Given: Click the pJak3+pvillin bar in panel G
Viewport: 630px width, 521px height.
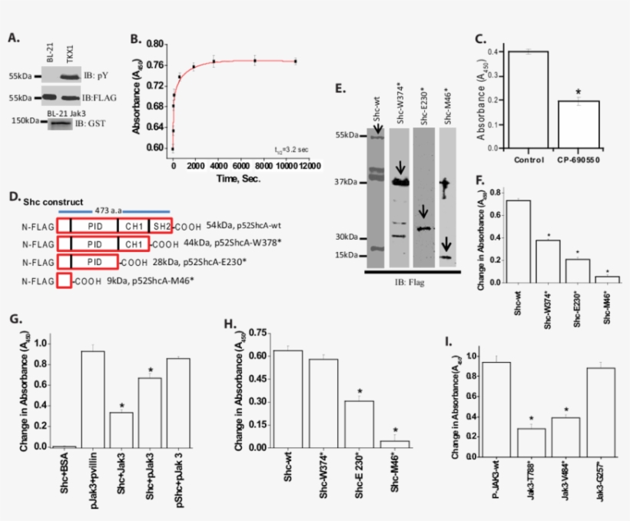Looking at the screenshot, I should click(x=93, y=400).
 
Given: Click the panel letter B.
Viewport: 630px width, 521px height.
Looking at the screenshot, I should click(x=136, y=39).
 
